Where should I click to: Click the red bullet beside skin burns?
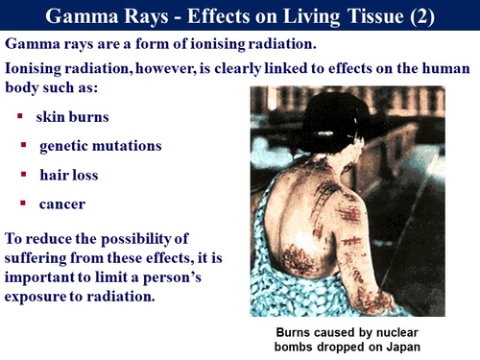pos(20,117)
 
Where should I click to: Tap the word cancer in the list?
pos(62,204)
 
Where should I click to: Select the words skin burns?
pos(73,117)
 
